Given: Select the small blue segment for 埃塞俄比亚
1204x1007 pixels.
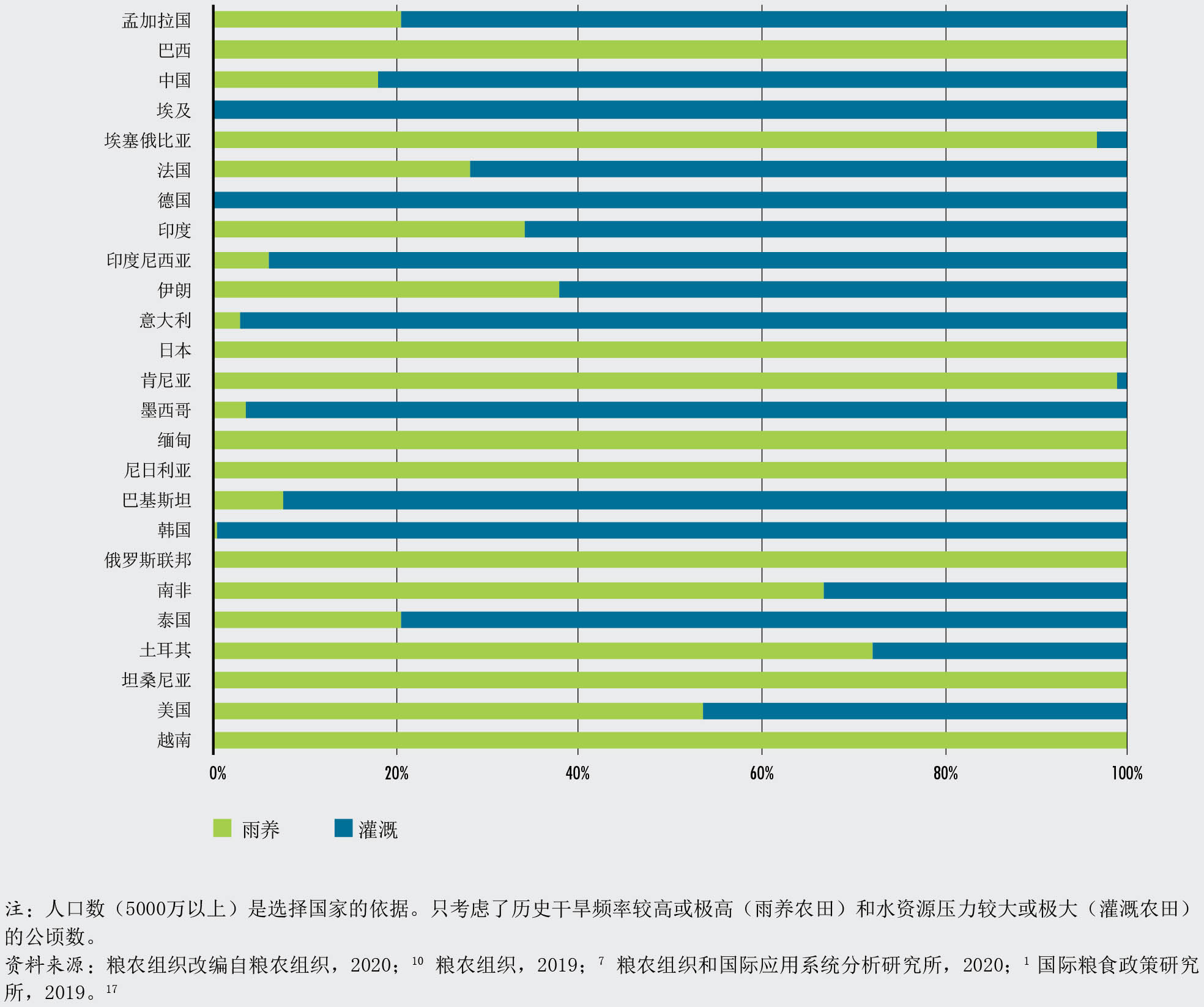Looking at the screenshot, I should coord(1111,140).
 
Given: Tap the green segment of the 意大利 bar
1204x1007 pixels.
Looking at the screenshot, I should coord(227,320).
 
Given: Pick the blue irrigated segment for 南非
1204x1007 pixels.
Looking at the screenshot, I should coord(975,590).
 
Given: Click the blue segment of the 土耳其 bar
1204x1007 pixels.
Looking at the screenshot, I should coord(999,650).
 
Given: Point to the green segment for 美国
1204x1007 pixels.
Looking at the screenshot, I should coord(458,710).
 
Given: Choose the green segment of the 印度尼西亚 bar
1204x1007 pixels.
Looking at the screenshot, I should coord(241,260).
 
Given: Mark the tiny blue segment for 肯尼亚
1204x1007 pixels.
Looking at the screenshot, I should coord(1121,381).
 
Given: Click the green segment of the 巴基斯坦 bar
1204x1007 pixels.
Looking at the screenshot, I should coord(248,500).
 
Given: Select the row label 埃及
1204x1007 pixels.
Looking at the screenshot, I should coord(174,110).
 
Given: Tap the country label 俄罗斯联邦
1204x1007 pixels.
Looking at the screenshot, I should coord(147,560).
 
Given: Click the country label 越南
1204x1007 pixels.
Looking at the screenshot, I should coord(174,740).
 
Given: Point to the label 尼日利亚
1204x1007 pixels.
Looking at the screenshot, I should coord(157,470).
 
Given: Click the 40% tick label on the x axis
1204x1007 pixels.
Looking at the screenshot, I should coord(578,773).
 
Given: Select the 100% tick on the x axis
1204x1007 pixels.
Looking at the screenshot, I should coord(1126,773).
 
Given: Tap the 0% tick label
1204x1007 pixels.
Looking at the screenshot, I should coord(217,773).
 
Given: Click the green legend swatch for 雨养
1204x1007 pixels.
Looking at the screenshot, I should coord(222,828).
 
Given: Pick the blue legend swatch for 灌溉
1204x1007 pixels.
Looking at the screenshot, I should coord(343,828).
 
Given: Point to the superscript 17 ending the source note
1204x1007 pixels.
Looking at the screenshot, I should coord(111,989).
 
